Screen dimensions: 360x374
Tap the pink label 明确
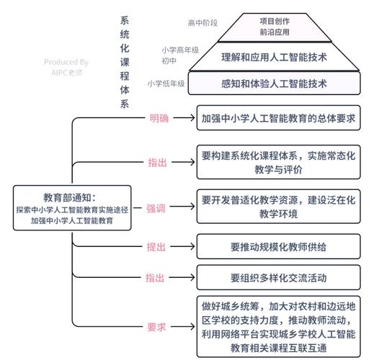(x=159, y=119)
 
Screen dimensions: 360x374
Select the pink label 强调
(x=156, y=208)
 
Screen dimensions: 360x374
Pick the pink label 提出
(x=156, y=247)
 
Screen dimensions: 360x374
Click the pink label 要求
(x=156, y=327)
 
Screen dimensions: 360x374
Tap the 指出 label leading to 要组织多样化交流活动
(x=156, y=277)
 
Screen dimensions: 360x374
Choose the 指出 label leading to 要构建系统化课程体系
(x=156, y=163)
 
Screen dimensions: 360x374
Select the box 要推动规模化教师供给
(x=279, y=247)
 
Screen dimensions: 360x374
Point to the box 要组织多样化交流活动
(x=279, y=277)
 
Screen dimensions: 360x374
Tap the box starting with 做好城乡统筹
(x=279, y=326)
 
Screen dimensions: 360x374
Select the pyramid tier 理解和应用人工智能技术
(x=274, y=56)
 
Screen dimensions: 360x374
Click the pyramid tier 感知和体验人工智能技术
(x=274, y=84)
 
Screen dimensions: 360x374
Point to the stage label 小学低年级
(x=166, y=84)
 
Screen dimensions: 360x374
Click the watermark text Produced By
(x=66, y=63)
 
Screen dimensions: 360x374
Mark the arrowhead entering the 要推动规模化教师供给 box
(x=193, y=247)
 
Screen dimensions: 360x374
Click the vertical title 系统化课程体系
(x=125, y=61)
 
